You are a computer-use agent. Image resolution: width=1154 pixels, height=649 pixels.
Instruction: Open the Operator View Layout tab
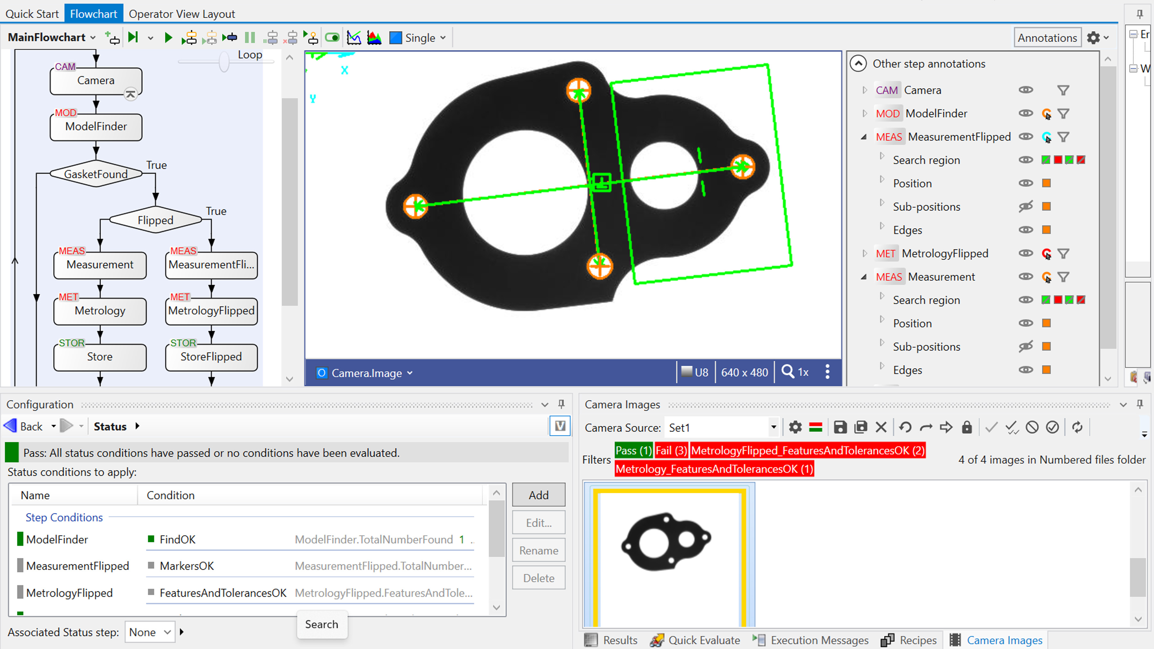[181, 14]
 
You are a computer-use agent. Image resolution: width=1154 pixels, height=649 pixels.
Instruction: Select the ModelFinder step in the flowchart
[96, 127]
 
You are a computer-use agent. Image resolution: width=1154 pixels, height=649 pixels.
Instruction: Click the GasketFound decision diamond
[96, 174]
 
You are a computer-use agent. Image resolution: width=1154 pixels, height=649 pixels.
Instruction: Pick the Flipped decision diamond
[155, 220]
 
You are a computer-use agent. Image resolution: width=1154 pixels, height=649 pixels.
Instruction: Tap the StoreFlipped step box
[211, 356]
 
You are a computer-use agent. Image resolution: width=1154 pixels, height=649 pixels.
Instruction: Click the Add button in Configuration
[538, 495]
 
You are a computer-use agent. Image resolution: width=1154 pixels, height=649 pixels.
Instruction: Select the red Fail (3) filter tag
[671, 450]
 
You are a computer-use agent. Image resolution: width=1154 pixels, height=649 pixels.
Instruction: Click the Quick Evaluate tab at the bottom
[695, 640]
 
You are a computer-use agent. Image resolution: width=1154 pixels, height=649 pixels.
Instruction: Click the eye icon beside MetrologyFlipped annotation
[1025, 253]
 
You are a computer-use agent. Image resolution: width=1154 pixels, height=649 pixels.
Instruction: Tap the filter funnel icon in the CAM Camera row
[1063, 90]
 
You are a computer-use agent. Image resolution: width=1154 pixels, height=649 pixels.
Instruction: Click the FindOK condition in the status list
[177, 539]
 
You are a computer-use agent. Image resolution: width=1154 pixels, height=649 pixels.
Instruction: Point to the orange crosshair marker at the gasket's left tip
[415, 206]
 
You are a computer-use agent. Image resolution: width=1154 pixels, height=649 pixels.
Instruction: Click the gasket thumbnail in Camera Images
[666, 542]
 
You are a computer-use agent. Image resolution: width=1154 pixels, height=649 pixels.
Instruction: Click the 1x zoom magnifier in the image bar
[795, 372]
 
